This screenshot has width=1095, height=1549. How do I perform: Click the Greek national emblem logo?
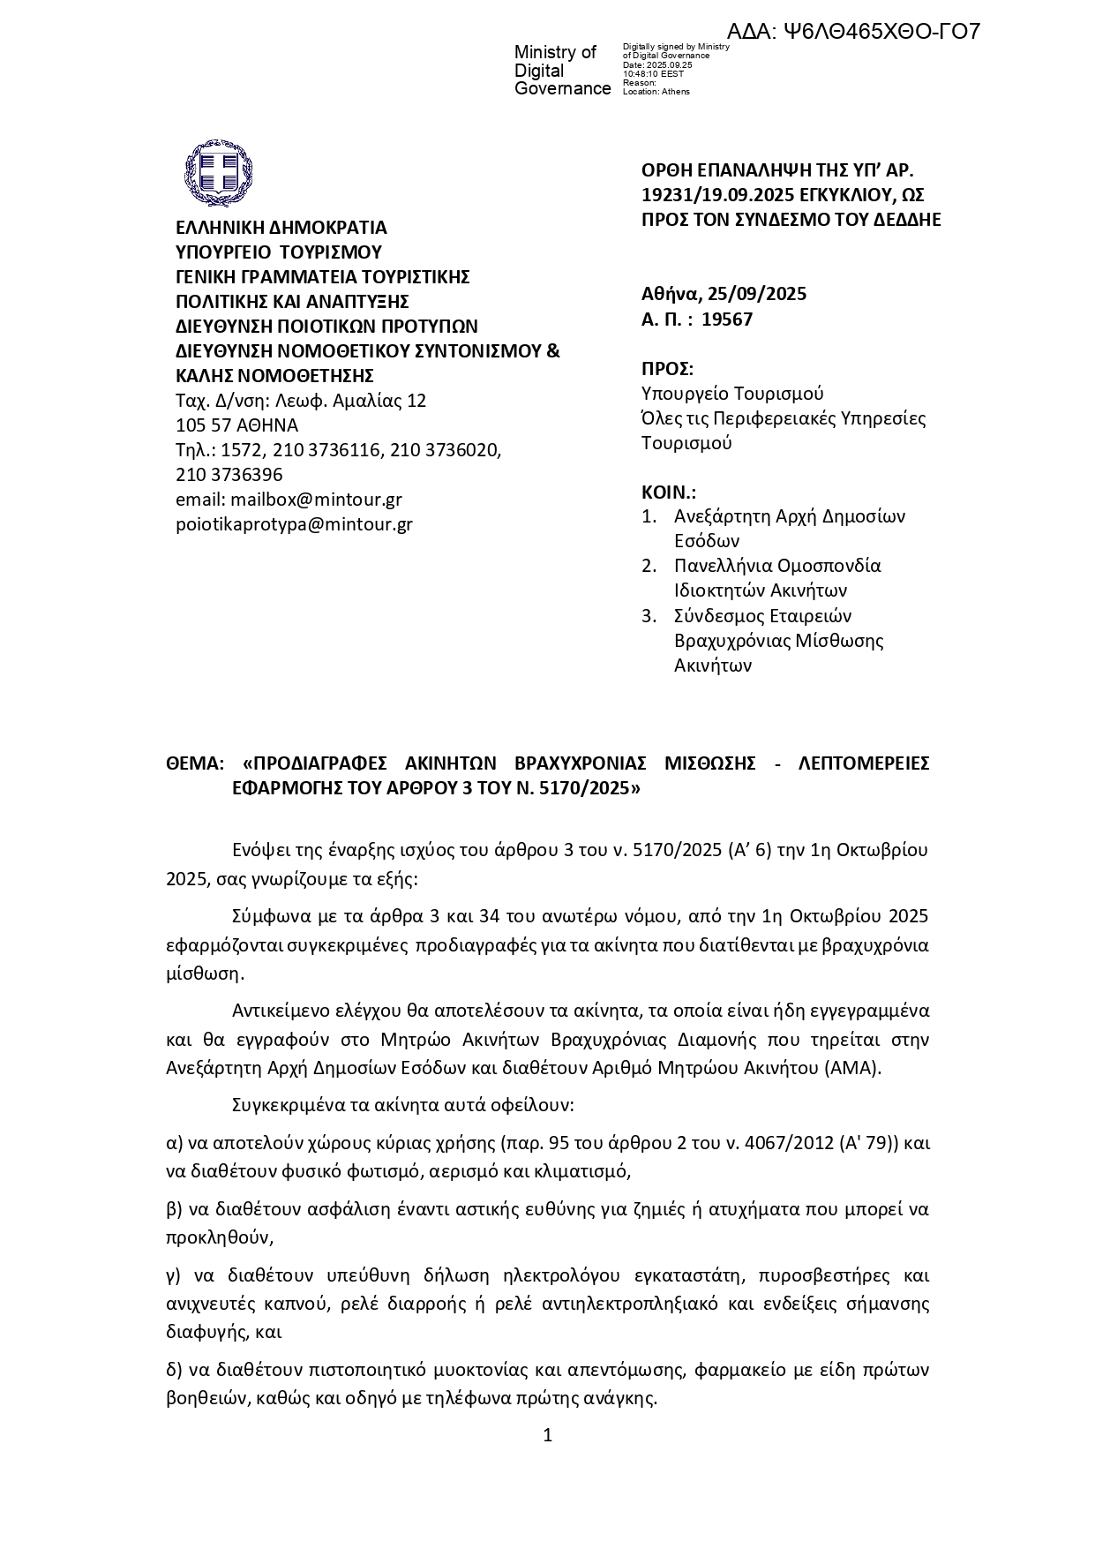click(218, 170)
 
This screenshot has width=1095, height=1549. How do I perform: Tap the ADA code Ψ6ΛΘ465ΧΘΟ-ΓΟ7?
click(854, 32)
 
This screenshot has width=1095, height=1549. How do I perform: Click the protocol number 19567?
click(727, 320)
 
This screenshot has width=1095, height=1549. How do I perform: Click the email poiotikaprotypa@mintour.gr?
click(294, 524)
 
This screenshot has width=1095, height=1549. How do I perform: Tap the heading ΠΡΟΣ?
click(667, 369)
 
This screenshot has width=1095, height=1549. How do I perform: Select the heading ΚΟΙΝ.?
click(669, 493)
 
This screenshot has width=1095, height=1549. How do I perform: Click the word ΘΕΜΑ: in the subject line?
click(196, 763)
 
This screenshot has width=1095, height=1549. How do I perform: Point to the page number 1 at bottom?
click(547, 1436)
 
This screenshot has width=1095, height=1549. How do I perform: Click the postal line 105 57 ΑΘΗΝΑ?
click(236, 425)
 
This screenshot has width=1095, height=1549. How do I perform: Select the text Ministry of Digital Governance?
click(561, 71)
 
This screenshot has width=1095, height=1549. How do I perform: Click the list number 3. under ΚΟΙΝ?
click(649, 616)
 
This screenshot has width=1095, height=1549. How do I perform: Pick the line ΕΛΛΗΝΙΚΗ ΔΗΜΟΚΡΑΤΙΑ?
click(281, 228)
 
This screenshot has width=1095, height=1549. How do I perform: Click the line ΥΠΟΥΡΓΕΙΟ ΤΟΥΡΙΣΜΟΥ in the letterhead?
click(279, 252)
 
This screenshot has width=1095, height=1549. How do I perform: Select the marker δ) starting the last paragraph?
click(175, 1371)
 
